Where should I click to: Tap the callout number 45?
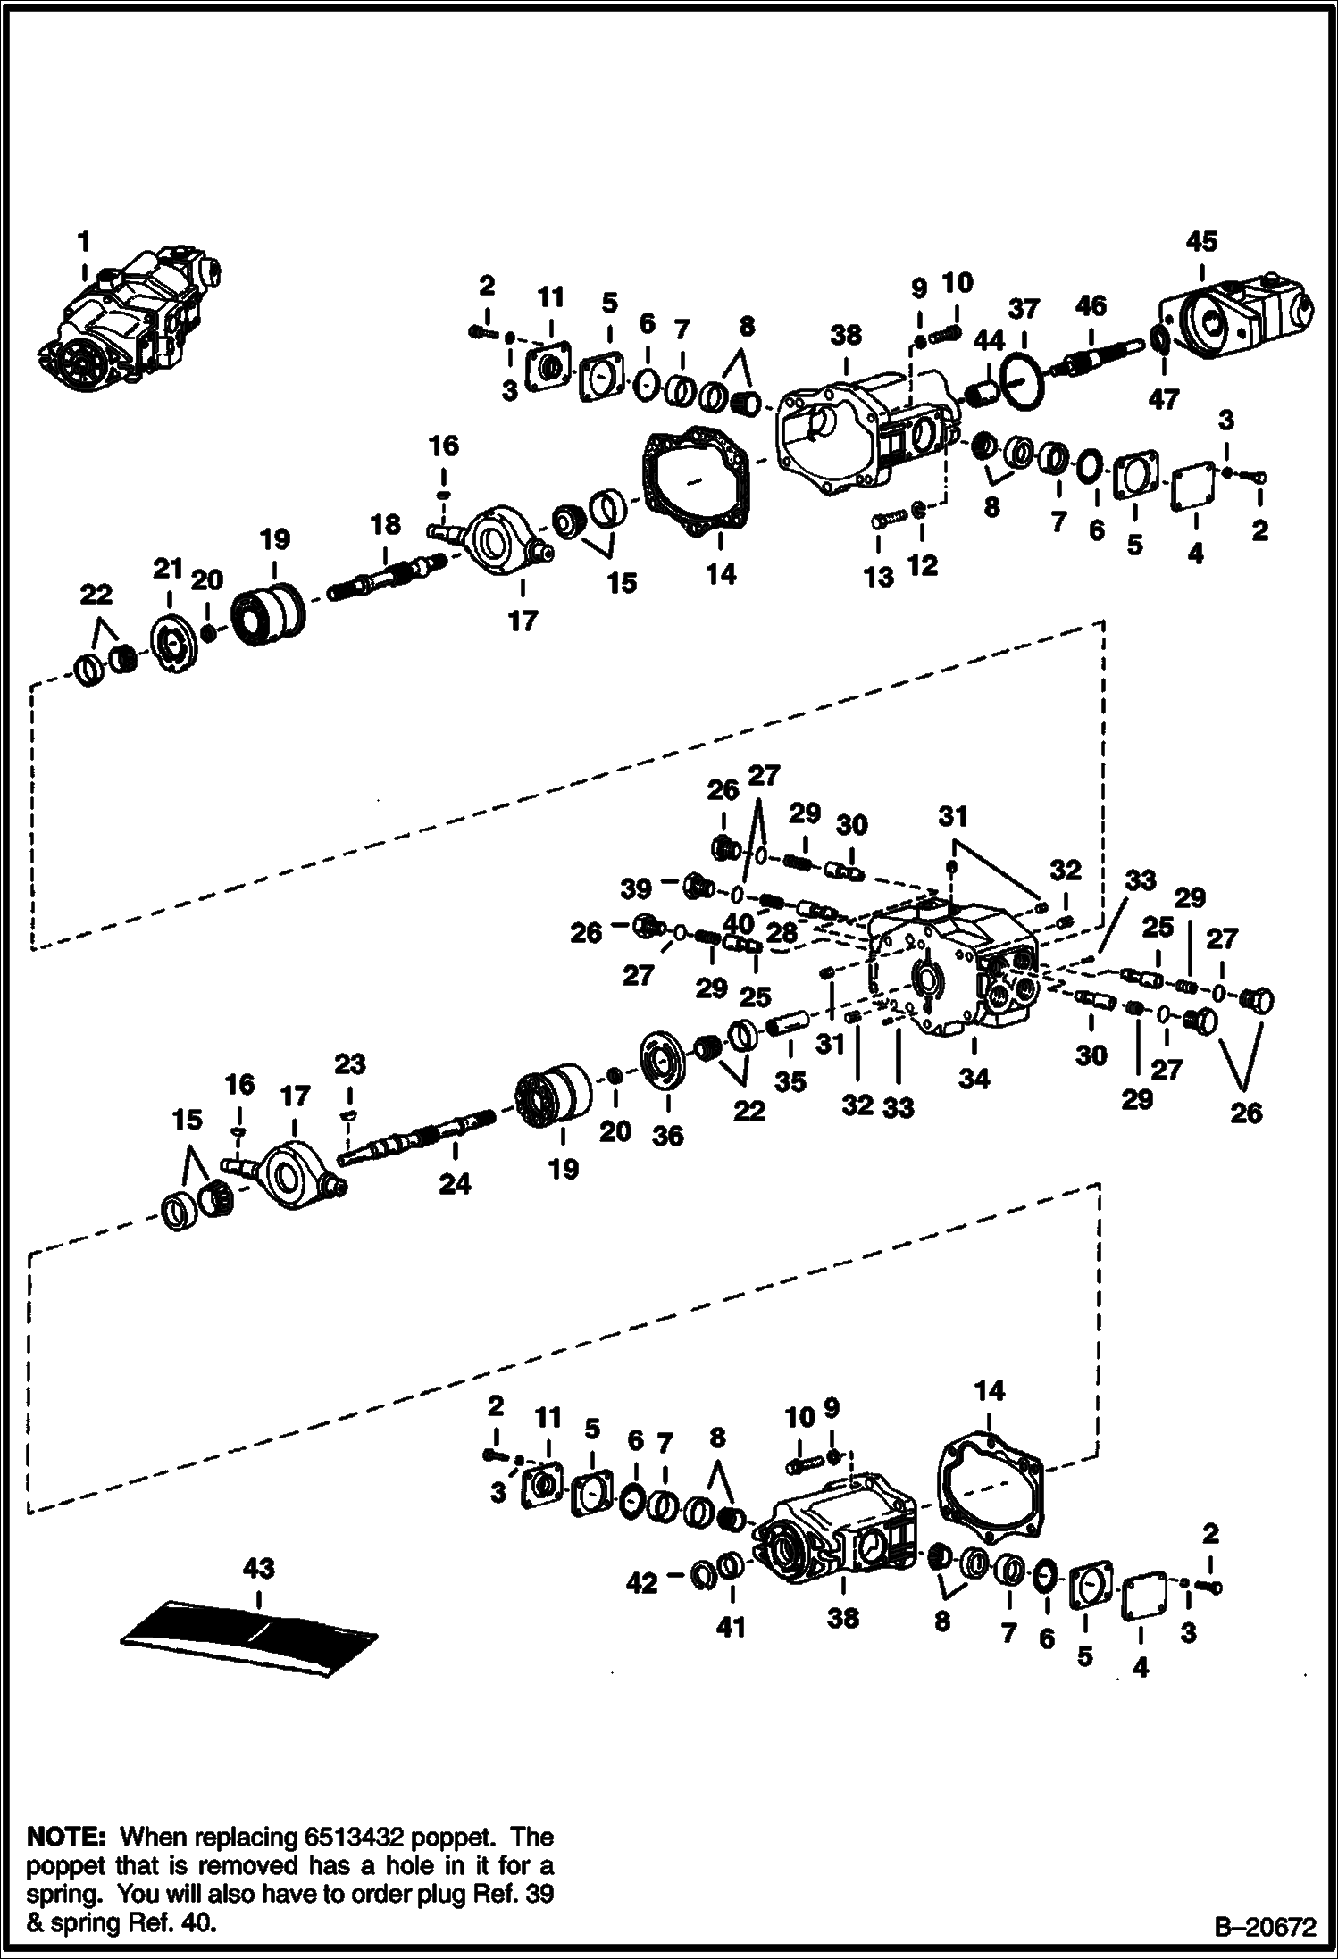coord(1201,242)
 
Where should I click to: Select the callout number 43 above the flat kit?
coord(258,1568)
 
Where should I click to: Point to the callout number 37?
coord(1024,310)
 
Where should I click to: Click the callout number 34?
coord(974,1079)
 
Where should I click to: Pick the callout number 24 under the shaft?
coord(455,1184)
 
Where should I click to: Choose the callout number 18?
coord(386,524)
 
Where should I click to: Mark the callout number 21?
coord(168,569)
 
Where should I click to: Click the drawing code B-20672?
coord(1264,1929)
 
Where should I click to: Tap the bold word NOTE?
coord(68,1838)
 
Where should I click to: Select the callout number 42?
coord(642,1583)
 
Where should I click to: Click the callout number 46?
coord(1091,306)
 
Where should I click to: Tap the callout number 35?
coord(790,1081)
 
